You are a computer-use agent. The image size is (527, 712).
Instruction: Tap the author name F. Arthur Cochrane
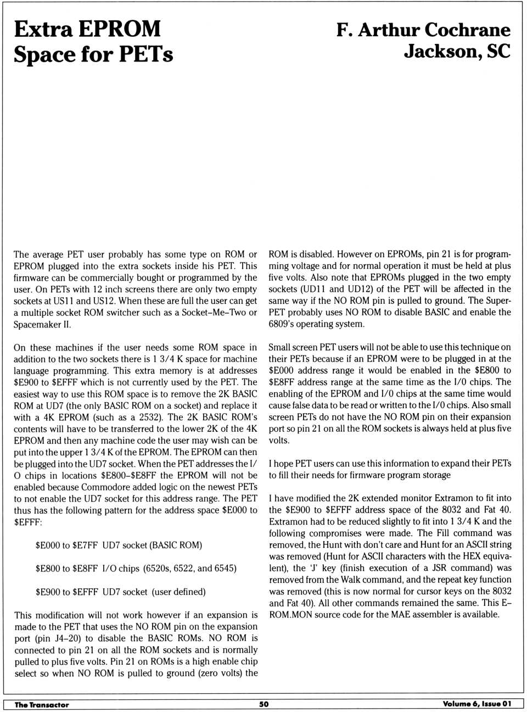[x=423, y=30]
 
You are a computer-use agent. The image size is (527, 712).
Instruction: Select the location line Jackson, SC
[x=457, y=52]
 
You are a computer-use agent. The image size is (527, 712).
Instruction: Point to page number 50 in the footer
[x=264, y=704]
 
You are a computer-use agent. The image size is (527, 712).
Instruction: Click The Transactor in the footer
[x=42, y=705]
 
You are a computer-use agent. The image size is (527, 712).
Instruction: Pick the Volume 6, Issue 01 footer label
[x=476, y=704]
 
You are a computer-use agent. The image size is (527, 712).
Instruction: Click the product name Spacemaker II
[x=42, y=324]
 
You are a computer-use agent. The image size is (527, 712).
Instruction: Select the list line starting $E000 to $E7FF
[x=119, y=545]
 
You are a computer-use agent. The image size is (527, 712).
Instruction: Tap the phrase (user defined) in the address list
[x=178, y=592]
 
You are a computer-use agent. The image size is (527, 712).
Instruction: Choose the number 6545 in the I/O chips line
[x=224, y=568]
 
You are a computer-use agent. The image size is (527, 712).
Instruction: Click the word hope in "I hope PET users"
[x=283, y=463]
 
